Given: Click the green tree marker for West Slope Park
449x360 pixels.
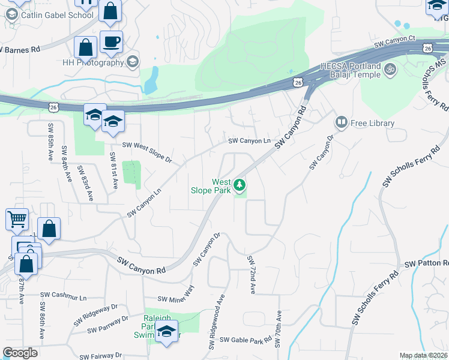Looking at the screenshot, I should point(240,185).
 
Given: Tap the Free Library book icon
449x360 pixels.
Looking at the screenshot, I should point(342,123).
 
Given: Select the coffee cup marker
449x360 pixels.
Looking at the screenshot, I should point(111,42).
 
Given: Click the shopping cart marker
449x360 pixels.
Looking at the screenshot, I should point(17,219).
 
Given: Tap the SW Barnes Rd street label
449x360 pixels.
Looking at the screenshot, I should point(19,49).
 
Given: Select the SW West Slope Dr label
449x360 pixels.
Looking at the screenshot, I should point(147,153).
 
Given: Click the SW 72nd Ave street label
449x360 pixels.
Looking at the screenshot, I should point(252,275).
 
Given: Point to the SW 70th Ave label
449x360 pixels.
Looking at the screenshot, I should point(279,329).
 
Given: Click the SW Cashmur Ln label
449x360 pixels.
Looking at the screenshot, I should point(64,296).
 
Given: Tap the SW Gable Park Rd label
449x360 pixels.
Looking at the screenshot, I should point(246,340).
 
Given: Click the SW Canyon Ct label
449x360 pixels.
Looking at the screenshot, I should point(394,41).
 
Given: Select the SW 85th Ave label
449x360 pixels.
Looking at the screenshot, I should point(49,141).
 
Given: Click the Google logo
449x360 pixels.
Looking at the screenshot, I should point(20,353).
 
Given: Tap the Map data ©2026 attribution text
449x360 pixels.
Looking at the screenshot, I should point(423,355).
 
